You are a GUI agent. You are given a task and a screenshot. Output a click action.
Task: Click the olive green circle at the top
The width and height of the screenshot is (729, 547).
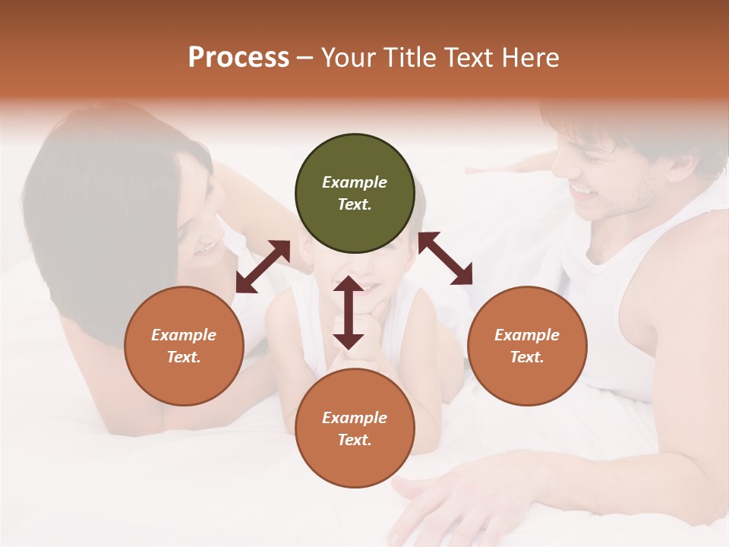point(355,194)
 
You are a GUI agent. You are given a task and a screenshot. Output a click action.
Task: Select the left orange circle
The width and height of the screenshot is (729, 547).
point(184,346)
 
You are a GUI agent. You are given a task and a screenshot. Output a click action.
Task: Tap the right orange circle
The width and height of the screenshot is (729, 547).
point(527,346)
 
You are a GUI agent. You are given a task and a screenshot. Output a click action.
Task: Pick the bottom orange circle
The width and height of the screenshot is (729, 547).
point(355,428)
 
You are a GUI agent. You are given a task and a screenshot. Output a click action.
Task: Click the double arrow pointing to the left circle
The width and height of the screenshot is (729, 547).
point(263,267)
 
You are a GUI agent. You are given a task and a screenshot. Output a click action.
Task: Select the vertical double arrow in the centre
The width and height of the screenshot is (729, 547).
point(349,312)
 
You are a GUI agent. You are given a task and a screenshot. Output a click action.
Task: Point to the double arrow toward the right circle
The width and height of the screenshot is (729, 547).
point(445,258)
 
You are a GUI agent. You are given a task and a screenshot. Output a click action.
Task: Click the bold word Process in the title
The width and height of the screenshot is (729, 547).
point(238,57)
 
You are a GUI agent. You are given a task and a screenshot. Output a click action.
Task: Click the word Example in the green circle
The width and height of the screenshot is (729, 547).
point(355,182)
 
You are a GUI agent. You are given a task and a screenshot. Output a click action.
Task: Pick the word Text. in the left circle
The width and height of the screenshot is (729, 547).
point(184,357)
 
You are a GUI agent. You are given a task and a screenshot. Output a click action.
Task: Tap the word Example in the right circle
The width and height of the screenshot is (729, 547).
point(527,335)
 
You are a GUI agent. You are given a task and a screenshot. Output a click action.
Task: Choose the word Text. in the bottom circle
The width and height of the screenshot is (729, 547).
point(355,440)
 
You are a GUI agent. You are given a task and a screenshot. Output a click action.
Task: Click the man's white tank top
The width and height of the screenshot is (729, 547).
point(607,304)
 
